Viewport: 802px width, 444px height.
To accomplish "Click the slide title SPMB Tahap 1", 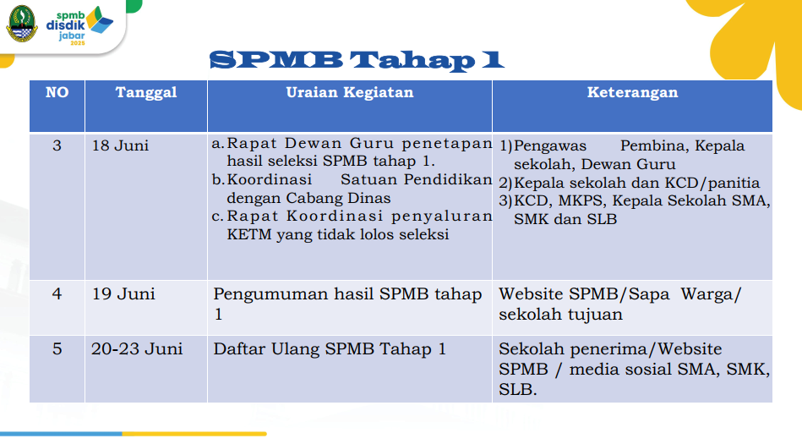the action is pyautogui.click(x=357, y=60).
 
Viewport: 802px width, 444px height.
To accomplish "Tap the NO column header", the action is pyautogui.click(x=57, y=92).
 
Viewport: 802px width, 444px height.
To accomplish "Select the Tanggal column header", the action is pyautogui.click(x=145, y=92).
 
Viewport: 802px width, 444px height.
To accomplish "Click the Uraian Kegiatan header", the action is pyautogui.click(x=349, y=92).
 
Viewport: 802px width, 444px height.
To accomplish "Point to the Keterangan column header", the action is pyautogui.click(x=632, y=92).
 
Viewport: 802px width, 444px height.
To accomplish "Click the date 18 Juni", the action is pyautogui.click(x=120, y=145).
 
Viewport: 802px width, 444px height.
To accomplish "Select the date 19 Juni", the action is pyautogui.click(x=123, y=294).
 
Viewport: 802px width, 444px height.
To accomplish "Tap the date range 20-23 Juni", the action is pyautogui.click(x=137, y=349).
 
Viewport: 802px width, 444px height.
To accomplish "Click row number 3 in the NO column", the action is pyautogui.click(x=57, y=145).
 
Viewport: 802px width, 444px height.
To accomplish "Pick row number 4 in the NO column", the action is pyautogui.click(x=57, y=294).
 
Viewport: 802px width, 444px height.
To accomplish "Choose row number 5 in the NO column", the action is pyautogui.click(x=57, y=349).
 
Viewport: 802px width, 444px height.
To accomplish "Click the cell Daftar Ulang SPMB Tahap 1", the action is pyautogui.click(x=330, y=349).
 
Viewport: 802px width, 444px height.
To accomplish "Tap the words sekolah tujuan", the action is pyautogui.click(x=560, y=315).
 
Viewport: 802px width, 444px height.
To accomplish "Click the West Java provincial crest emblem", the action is pyautogui.click(x=21, y=24).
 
